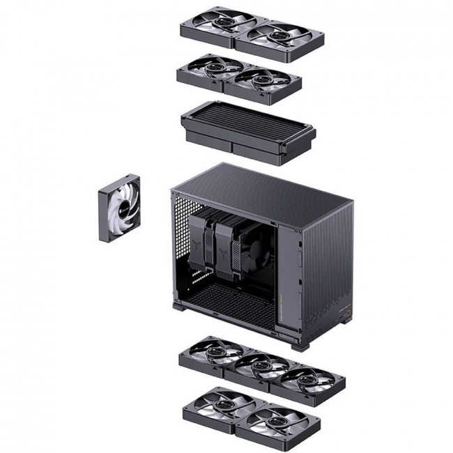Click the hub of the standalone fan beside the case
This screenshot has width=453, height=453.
click(x=120, y=208)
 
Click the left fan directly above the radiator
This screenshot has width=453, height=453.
click(x=208, y=69)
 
